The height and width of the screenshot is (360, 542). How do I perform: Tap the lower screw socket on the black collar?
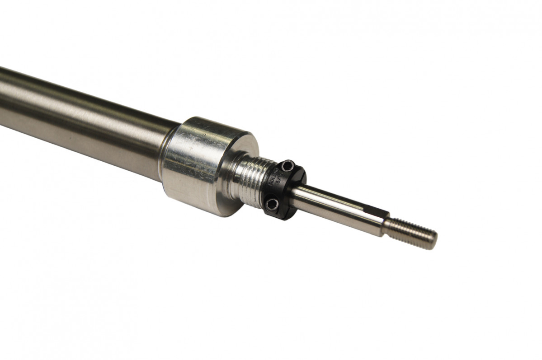click(x=272, y=205)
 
